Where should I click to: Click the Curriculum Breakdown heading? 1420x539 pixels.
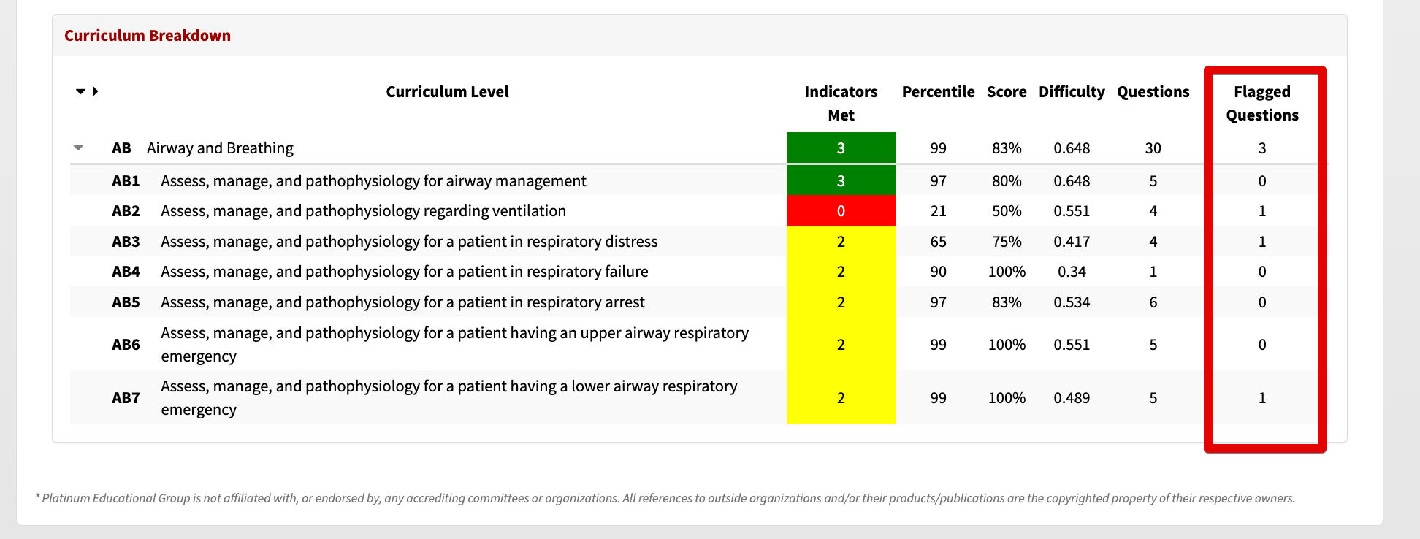pos(148,36)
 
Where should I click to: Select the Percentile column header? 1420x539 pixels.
pos(938,92)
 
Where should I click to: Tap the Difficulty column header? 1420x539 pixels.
pos(1072,92)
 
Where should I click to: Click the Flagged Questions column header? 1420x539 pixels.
pos(1262,104)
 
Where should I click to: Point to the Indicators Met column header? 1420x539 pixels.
pos(841,104)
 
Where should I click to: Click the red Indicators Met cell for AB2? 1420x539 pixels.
pos(841,211)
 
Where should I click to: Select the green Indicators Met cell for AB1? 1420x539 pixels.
pos(841,180)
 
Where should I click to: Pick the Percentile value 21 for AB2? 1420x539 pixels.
pos(938,211)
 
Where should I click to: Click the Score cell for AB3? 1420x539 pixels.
pos(1007,242)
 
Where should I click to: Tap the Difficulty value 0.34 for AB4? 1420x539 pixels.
pos(1072,272)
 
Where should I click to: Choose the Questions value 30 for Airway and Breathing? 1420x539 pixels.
pos(1153,148)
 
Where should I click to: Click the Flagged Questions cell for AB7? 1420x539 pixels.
pos(1262,398)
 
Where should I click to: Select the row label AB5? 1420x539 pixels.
pos(126,302)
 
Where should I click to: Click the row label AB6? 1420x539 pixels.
pos(126,345)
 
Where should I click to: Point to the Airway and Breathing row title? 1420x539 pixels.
pos(220,148)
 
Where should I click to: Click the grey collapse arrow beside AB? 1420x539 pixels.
pos(78,148)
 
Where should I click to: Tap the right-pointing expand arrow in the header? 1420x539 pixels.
pos(95,91)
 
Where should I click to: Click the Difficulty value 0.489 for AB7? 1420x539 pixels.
pos(1072,398)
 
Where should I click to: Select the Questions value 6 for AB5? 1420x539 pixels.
pos(1153,302)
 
